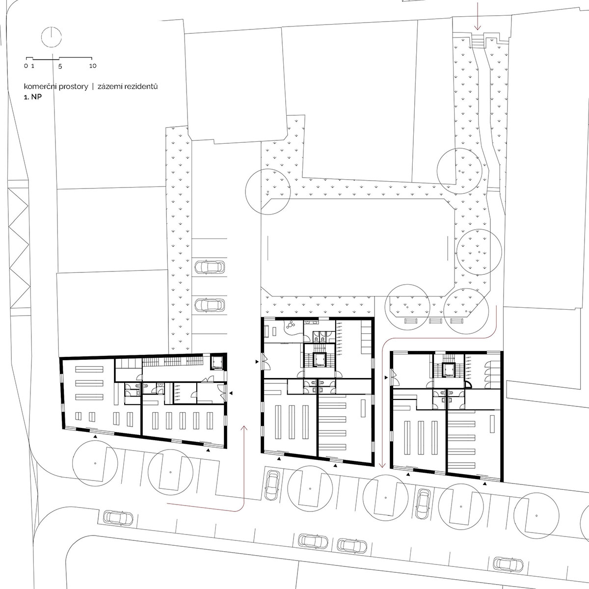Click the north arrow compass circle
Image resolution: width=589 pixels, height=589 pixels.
click(x=52, y=37)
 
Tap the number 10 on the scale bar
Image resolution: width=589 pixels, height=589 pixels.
click(x=93, y=66)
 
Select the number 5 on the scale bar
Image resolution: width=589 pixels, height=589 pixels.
click(x=60, y=66)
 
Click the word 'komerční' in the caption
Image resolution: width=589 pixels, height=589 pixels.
click(x=41, y=86)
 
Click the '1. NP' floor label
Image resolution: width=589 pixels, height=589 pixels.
click(x=33, y=97)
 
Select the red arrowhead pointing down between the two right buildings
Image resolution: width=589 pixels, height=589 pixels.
click(x=382, y=465)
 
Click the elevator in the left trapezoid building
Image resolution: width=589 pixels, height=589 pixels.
click(x=218, y=362)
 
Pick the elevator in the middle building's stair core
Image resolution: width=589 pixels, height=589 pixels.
click(x=320, y=359)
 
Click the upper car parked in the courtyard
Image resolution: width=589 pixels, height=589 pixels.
click(x=210, y=267)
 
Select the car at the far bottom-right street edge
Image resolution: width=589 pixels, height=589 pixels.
click(x=509, y=564)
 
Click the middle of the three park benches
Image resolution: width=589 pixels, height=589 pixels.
click(x=435, y=321)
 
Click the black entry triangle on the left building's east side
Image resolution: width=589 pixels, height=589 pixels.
click(x=231, y=393)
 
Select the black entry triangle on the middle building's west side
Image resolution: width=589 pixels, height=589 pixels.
click(x=257, y=362)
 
